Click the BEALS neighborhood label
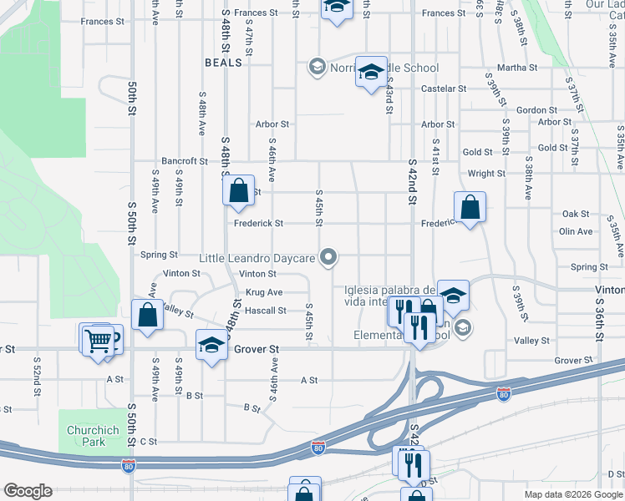[223, 63]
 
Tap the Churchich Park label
[94, 436]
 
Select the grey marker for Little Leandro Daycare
[330, 258]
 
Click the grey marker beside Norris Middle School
[317, 67]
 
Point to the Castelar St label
[444, 89]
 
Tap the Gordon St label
[536, 110]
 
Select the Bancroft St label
[185, 161]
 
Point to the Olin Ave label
[576, 231]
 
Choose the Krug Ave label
[263, 292]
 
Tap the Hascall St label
[265, 311]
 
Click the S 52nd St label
[38, 375]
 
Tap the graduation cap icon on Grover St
[212, 344]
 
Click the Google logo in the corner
[28, 491]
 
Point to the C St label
[149, 441]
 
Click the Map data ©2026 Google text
[572, 494]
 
